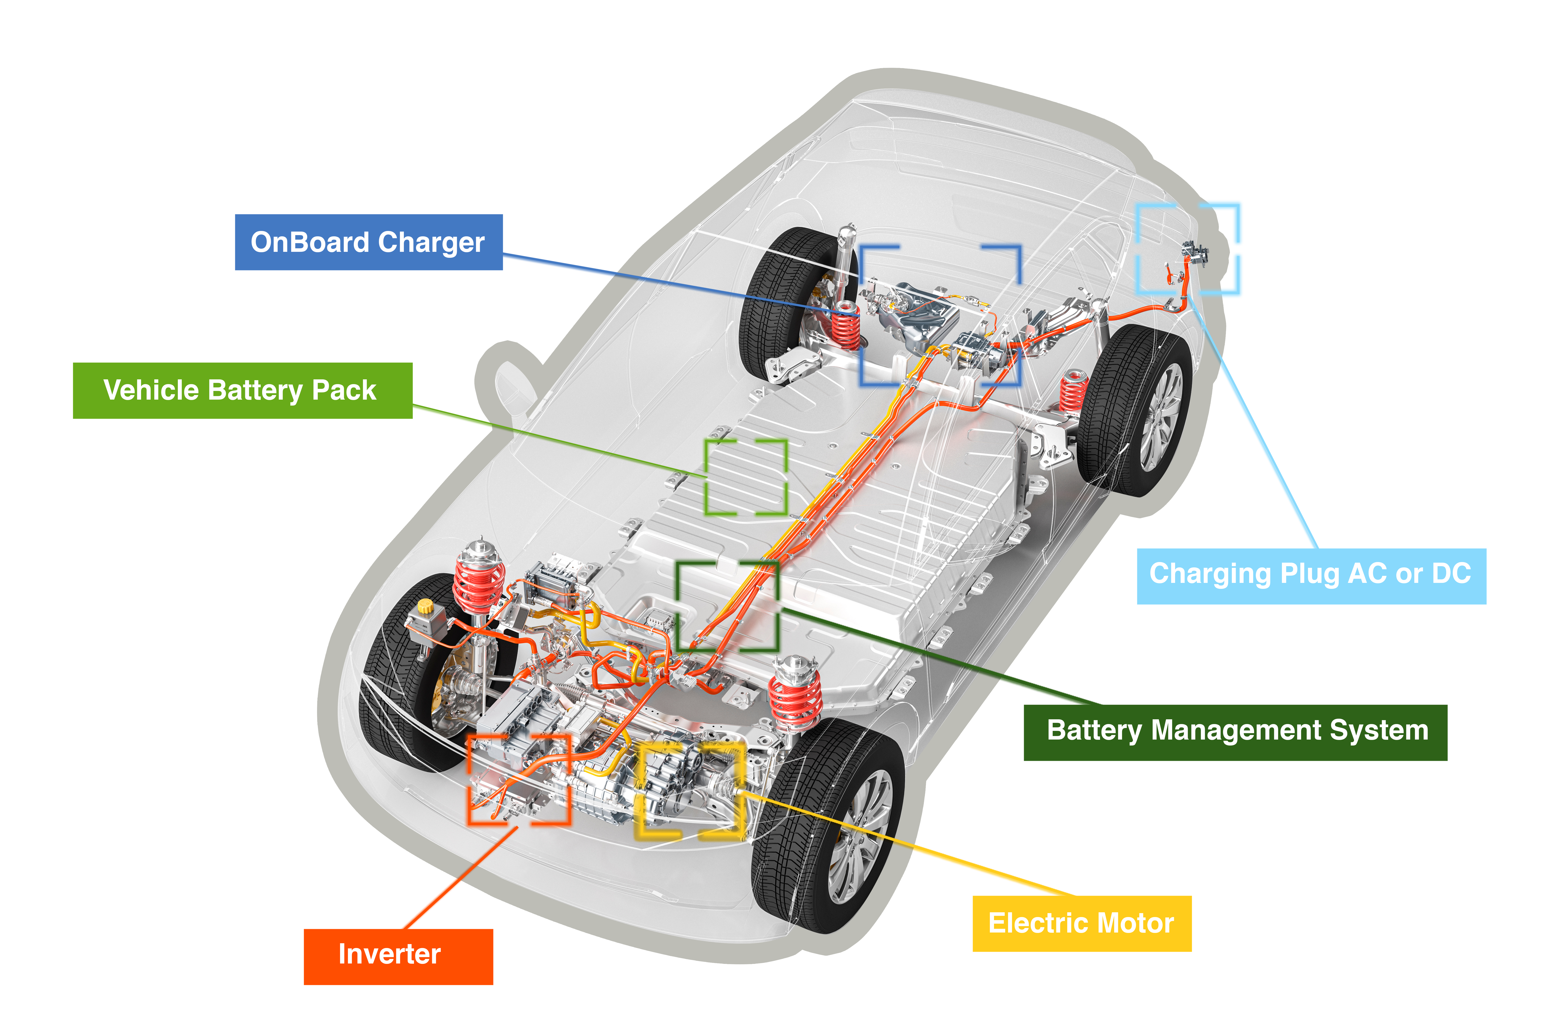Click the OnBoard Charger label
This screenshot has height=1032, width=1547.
(368, 242)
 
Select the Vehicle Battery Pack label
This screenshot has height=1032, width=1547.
(242, 390)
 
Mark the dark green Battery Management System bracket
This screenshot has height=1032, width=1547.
(727, 606)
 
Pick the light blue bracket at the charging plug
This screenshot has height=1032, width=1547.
(1189, 249)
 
